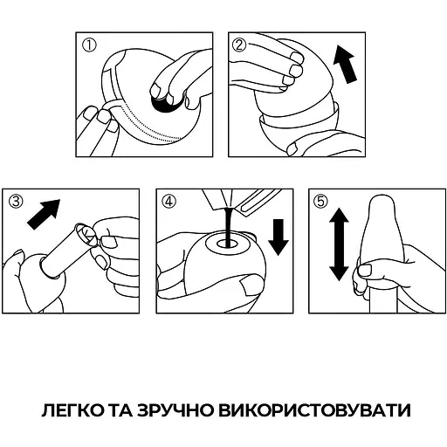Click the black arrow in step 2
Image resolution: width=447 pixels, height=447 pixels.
[347, 67]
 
